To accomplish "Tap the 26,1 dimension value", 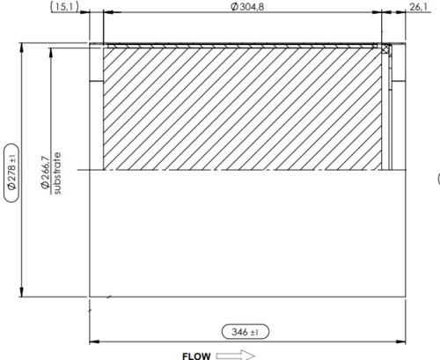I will [419, 7].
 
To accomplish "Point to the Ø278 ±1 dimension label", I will [11, 168].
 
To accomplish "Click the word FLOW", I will [196, 356].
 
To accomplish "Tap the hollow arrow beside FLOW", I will [234, 356].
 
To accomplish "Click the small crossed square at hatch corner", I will [385, 48].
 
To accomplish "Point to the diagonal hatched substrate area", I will [242, 106].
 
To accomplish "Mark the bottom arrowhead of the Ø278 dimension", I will [20, 292].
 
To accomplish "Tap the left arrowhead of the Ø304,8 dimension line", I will [107, 13].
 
